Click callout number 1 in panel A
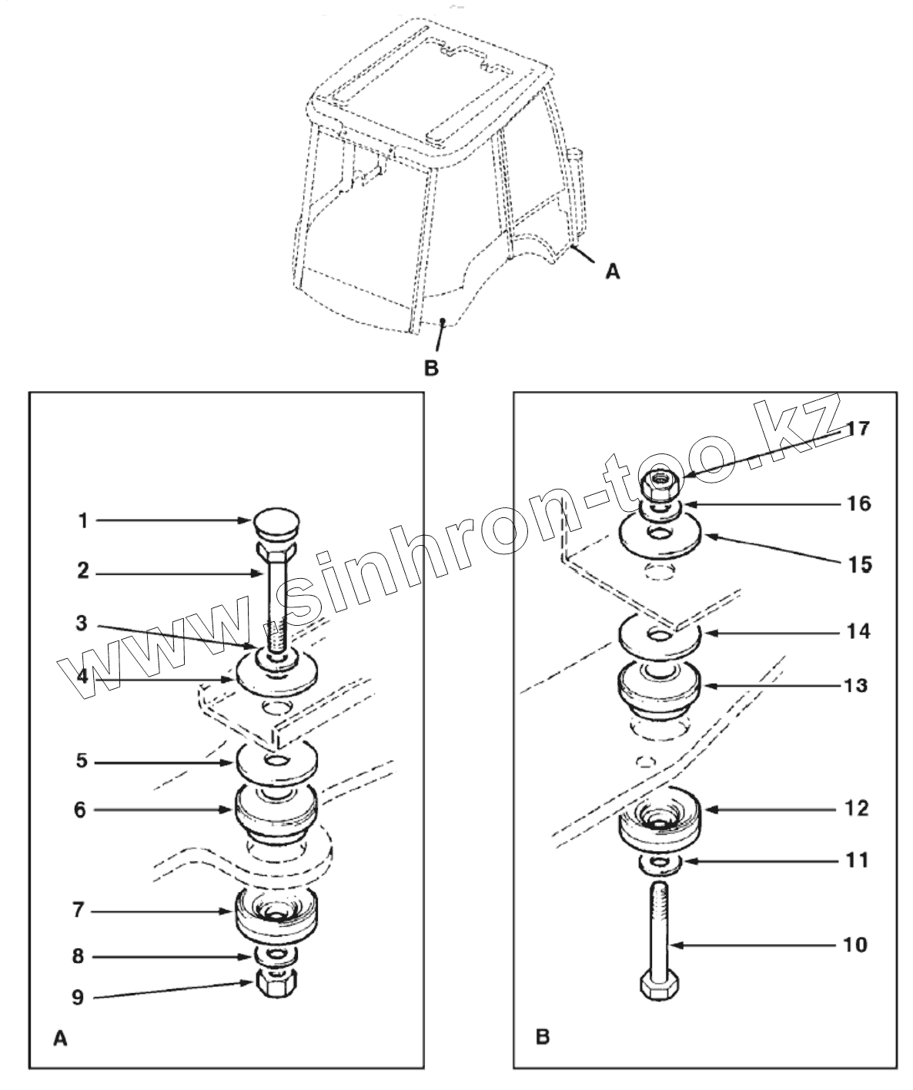tap(82, 521)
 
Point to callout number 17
tap(858, 428)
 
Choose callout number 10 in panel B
tap(854, 944)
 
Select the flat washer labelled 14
tap(660, 636)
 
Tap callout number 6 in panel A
tap(80, 810)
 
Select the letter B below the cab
tap(432, 368)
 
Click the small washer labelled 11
tap(660, 864)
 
